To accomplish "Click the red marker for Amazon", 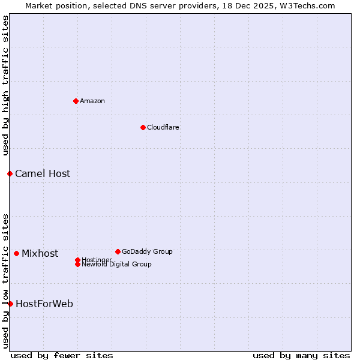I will [x=76, y=101].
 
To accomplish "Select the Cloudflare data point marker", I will [x=143, y=127].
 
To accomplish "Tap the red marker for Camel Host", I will [x=10, y=173].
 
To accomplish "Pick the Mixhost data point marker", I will [x=16, y=253].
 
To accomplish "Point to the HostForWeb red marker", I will [x=10, y=304].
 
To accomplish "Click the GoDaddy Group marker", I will [x=118, y=251].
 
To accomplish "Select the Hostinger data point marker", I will [x=77, y=260].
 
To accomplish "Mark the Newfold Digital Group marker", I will [x=77, y=264].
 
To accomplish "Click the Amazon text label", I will [x=92, y=101].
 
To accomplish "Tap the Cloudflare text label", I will [x=163, y=127].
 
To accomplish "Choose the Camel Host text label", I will [x=43, y=174].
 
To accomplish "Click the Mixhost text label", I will [x=40, y=254].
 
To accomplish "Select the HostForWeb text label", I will [x=44, y=304].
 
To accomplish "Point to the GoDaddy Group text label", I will [x=147, y=251].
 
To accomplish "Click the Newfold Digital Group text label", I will [x=117, y=265].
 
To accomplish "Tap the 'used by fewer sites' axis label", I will [x=62, y=355].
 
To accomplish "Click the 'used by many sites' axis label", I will [x=301, y=355].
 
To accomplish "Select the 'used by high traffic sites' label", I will [x=6, y=85].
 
